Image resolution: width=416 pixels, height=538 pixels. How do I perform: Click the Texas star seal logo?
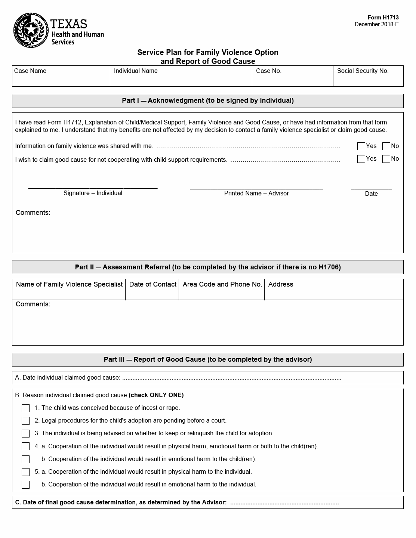(31, 30)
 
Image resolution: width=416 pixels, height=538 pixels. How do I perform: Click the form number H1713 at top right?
(383, 18)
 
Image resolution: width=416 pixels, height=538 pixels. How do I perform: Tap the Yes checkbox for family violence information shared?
(361, 146)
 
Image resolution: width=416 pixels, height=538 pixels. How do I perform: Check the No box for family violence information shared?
(386, 146)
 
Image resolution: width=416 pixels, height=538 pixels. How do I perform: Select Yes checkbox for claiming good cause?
(361, 159)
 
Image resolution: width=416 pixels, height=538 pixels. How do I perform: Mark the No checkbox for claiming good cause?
(386, 159)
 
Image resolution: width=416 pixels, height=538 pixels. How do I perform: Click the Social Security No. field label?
(363, 71)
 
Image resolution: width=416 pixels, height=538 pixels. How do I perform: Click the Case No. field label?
(269, 71)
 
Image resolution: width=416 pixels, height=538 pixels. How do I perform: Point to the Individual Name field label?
(136, 71)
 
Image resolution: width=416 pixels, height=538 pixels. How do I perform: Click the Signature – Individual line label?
(93, 193)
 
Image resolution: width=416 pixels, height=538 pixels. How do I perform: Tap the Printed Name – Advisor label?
(256, 194)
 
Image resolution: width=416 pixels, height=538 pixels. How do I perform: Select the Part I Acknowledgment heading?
(208, 101)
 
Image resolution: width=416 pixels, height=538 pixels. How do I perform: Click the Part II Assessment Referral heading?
(208, 267)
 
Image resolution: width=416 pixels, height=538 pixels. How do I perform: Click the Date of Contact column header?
(152, 284)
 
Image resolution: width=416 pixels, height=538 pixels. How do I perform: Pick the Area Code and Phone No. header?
(222, 284)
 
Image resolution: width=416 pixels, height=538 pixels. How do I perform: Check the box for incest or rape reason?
(25, 408)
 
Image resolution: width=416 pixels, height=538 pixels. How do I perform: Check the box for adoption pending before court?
(25, 421)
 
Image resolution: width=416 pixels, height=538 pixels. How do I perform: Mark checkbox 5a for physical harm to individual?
(25, 472)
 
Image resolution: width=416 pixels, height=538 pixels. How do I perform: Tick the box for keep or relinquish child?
(25, 433)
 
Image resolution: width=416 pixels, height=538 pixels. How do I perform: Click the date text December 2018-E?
(376, 24)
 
